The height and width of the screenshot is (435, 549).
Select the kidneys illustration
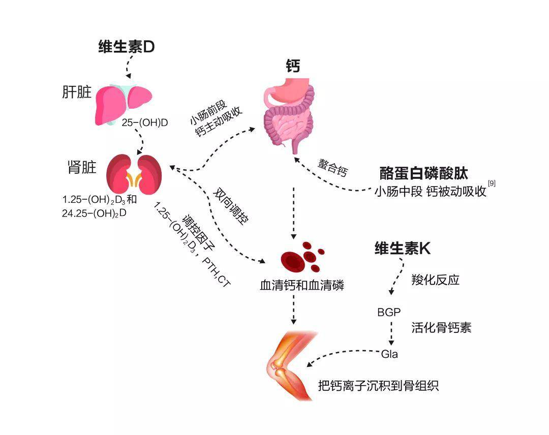134,174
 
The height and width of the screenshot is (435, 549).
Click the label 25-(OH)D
144,123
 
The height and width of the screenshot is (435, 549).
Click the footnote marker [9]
492,183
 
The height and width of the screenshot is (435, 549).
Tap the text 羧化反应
435,280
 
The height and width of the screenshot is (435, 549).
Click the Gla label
389,354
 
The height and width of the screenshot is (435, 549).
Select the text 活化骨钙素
441,328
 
